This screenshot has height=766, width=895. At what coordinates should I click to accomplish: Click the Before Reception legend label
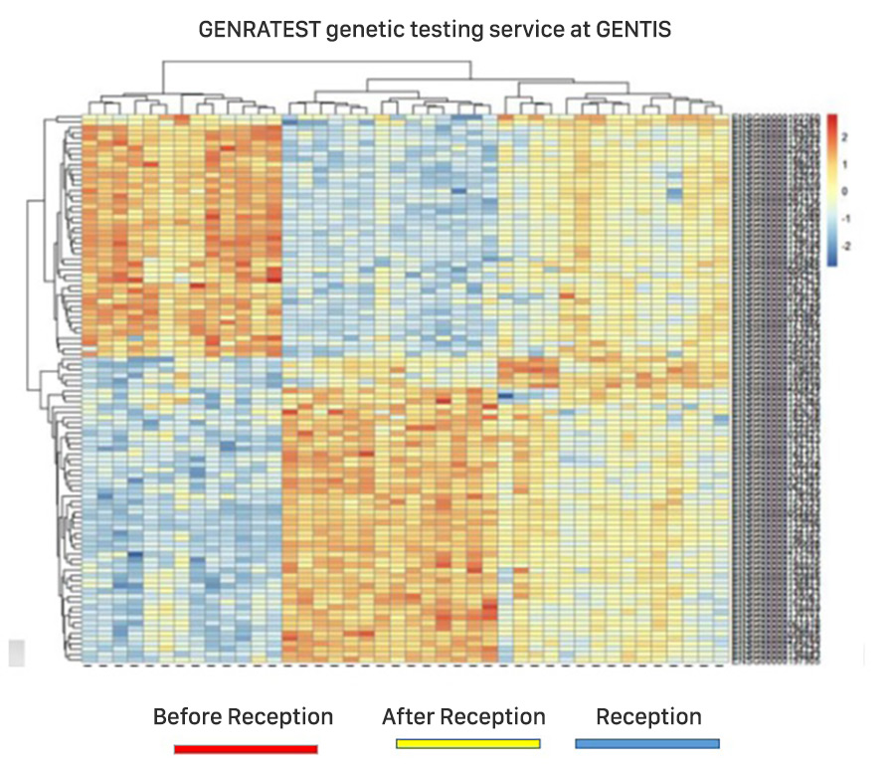(243, 717)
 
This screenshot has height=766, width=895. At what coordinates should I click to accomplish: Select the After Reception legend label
(463, 717)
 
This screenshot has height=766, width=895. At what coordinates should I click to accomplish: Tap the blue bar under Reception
(647, 743)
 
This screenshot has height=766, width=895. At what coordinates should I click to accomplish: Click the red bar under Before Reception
(246, 747)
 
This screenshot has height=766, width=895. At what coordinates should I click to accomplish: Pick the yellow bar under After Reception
(467, 743)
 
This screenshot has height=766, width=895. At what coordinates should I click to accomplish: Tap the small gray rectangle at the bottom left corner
(16, 653)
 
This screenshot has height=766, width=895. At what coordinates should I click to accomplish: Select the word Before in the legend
(188, 717)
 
